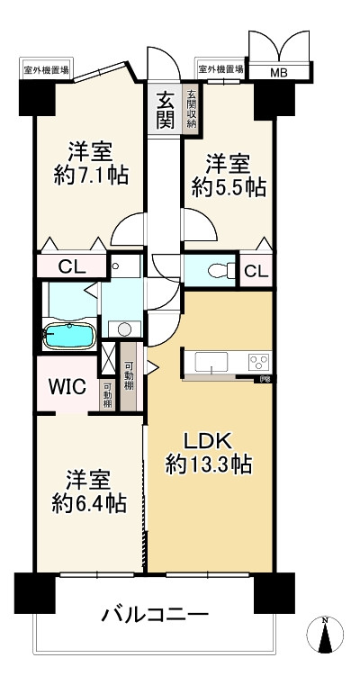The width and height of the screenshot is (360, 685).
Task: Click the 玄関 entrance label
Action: click(x=166, y=109)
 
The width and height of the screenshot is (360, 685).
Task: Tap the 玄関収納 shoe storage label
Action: click(x=191, y=109)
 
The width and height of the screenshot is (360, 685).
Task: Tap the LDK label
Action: click(x=209, y=441)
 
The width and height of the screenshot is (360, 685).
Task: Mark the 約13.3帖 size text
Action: click(x=209, y=464)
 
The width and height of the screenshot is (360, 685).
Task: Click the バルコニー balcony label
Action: click(x=155, y=617)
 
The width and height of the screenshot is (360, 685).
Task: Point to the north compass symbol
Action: click(x=327, y=635)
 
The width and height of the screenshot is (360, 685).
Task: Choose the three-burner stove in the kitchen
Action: click(x=258, y=363)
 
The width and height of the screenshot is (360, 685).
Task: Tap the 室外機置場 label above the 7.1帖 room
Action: click(x=48, y=68)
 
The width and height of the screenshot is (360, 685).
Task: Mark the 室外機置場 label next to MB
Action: click(x=221, y=68)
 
